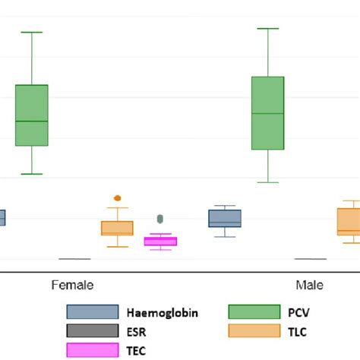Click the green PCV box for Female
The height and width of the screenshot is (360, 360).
click(x=32, y=115)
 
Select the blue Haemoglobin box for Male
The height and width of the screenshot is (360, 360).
click(x=225, y=219)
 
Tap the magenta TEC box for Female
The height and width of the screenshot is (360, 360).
click(x=160, y=242)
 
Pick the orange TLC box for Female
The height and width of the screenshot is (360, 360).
click(x=117, y=228)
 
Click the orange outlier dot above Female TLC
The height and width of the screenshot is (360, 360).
click(x=117, y=198)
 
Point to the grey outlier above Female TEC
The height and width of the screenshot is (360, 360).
click(x=159, y=219)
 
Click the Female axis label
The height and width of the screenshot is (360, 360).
click(x=72, y=286)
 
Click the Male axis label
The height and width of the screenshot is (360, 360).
click(x=309, y=286)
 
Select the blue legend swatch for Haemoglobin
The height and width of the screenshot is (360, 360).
click(x=93, y=312)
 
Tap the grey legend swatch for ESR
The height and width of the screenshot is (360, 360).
click(x=93, y=331)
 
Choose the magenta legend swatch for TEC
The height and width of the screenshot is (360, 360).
click(x=93, y=350)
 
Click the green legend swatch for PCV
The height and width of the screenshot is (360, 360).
click(x=254, y=312)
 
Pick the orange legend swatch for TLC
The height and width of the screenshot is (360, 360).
click(x=254, y=331)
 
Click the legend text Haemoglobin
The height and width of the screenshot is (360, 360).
click(x=163, y=312)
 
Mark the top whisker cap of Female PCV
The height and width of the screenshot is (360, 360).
click(x=32, y=32)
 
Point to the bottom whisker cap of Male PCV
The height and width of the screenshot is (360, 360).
click(x=268, y=182)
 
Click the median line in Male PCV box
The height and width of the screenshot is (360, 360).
click(x=268, y=113)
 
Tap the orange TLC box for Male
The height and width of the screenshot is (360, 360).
click(x=348, y=222)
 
